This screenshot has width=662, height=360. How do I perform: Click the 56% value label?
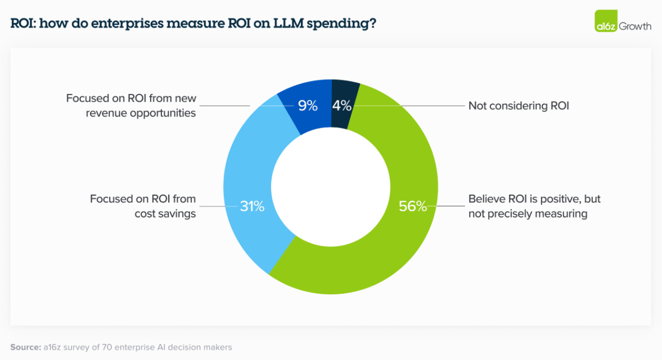[x=413, y=206]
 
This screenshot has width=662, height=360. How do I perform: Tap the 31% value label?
[x=252, y=206]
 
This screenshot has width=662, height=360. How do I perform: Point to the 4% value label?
[x=341, y=105]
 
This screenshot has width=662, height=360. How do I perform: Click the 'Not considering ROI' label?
[x=519, y=106]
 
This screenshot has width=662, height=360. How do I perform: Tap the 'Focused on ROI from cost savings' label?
[x=143, y=206]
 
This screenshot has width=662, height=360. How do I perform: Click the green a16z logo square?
[x=606, y=21]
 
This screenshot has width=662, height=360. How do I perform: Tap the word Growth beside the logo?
[x=635, y=26]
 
